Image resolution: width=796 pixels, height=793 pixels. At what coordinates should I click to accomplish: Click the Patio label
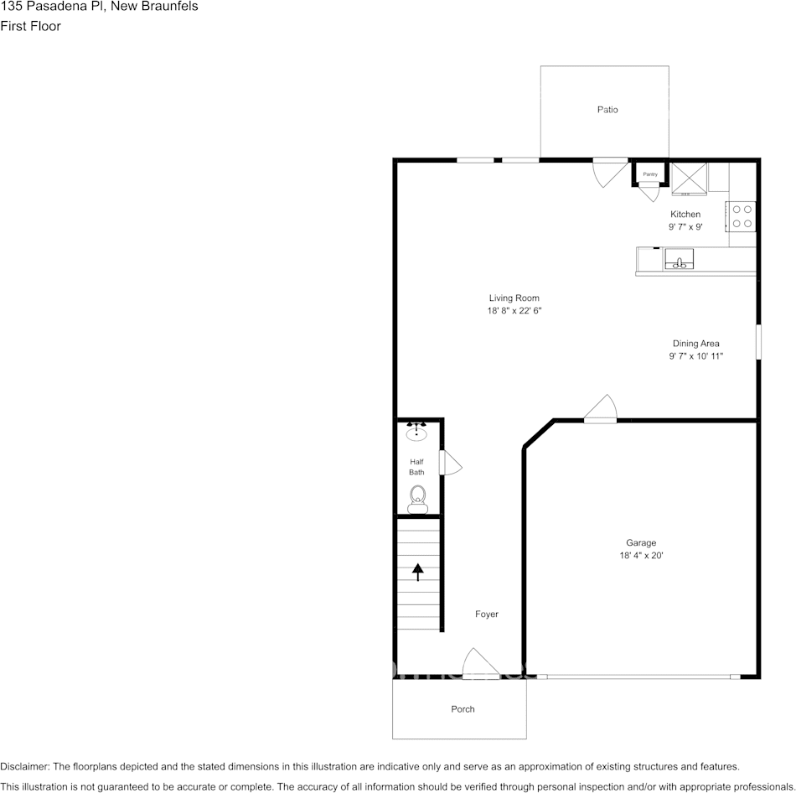pyautogui.click(x=607, y=110)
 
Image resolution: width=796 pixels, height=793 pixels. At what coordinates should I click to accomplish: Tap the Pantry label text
pyautogui.click(x=650, y=174)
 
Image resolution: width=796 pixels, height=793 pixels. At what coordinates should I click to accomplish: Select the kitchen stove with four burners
pyautogui.click(x=742, y=215)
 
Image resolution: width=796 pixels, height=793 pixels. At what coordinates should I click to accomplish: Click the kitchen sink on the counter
pyautogui.click(x=680, y=260)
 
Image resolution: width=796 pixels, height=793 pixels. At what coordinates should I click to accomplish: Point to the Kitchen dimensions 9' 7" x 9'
pyautogui.click(x=685, y=227)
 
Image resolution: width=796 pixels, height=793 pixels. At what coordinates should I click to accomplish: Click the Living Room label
pyautogui.click(x=514, y=298)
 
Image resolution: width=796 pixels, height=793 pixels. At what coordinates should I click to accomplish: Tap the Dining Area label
pyautogui.click(x=695, y=343)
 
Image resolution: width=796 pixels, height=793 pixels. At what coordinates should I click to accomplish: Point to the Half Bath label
pyautogui.click(x=416, y=467)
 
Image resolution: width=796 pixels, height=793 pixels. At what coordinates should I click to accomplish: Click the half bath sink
pyautogui.click(x=416, y=433)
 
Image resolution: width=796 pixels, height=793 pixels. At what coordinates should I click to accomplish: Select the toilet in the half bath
pyautogui.click(x=416, y=499)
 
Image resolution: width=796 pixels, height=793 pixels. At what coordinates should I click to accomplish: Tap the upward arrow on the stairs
pyautogui.click(x=417, y=572)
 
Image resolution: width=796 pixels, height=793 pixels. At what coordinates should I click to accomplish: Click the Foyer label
pyautogui.click(x=487, y=614)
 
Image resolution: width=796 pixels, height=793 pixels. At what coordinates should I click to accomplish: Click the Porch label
pyautogui.click(x=463, y=709)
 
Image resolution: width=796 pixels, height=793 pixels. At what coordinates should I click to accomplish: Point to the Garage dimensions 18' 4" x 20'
pyautogui.click(x=641, y=556)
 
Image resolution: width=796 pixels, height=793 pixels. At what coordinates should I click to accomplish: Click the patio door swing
pyautogui.click(x=609, y=172)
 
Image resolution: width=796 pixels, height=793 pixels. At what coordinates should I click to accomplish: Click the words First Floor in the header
pyautogui.click(x=30, y=26)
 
